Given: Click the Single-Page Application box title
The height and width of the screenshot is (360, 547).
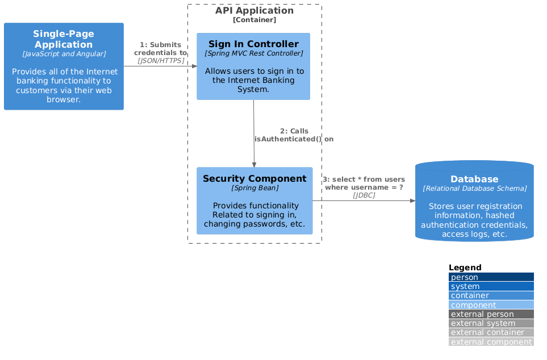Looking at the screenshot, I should pos(64,39).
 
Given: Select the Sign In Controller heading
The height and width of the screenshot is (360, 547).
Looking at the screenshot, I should pos(253,44).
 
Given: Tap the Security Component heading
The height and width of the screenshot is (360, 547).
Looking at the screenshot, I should pos(254,179).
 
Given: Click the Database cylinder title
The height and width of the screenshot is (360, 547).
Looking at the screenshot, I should pos(474,179).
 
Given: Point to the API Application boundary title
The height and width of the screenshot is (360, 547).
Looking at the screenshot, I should pos(254,11).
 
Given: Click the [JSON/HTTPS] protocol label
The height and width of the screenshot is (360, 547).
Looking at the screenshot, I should pos(161,60).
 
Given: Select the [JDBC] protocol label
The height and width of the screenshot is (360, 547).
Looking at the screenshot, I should pos(364,195).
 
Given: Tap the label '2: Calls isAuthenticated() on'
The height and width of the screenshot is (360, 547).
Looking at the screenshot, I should pos(294,135).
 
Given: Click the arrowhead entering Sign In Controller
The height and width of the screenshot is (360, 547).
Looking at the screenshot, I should pos(194,66).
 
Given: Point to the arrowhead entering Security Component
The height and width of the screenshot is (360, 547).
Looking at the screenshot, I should pos(254,164).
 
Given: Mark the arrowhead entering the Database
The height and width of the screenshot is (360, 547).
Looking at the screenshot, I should pos(412,200).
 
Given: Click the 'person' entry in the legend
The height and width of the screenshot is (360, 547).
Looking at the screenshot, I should pos(465,277).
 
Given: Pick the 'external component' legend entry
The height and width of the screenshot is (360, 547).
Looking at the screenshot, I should pos(491,342).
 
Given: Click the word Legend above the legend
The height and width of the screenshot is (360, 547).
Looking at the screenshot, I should pos(465,267).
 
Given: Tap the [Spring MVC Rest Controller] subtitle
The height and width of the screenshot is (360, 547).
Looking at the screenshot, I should pos(253,53).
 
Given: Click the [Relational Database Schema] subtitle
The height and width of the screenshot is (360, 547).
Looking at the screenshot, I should pos(474,188).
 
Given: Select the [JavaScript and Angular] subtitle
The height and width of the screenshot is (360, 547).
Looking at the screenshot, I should pos(64,54).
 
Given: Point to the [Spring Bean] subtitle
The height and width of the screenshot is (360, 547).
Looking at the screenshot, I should pos(254,187).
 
